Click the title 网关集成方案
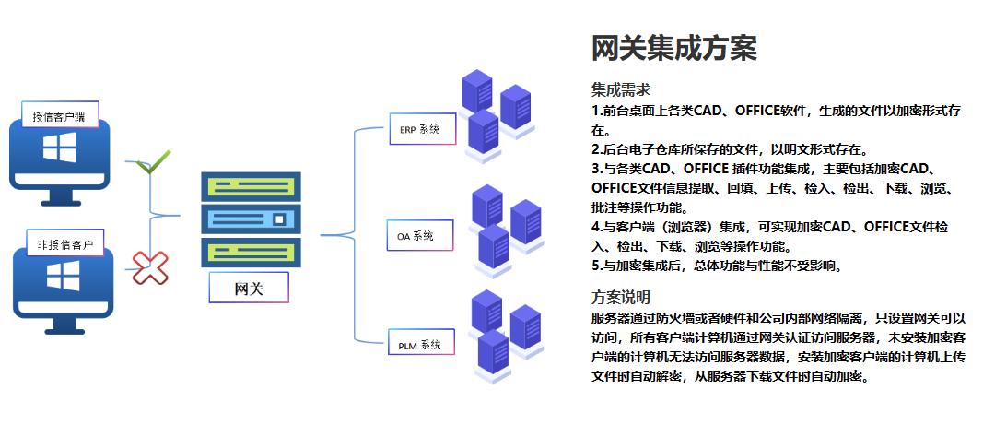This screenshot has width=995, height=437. (x=673, y=48)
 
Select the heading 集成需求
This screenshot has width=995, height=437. (x=620, y=89)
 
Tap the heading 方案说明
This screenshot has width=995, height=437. (x=620, y=297)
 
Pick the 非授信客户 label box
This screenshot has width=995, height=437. (x=65, y=244)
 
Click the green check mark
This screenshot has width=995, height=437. (x=153, y=165)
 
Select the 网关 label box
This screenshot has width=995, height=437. (x=249, y=288)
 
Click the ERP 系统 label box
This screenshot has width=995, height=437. (x=420, y=129)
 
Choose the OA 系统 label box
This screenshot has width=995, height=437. (x=420, y=237)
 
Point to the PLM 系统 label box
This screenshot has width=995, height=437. (x=420, y=346)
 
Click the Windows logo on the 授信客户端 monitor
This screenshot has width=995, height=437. (x=59, y=148)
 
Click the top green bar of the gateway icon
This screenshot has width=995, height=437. (x=251, y=187)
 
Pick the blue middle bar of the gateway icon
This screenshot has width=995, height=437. (x=251, y=218)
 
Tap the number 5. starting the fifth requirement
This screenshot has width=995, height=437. (x=596, y=266)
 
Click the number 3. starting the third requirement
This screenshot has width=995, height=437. (x=596, y=168)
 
